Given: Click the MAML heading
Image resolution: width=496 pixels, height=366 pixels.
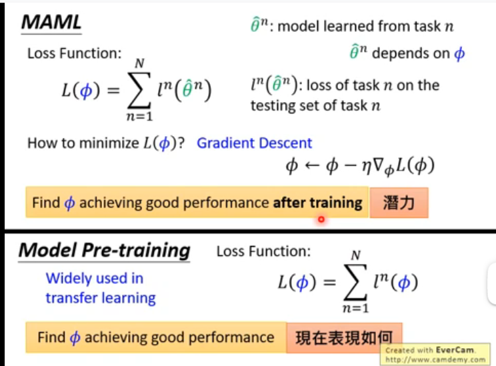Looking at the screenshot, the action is point(51,23).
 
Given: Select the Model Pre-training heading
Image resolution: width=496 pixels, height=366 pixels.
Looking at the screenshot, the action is point(105,251).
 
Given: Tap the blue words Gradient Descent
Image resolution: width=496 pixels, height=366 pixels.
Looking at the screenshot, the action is point(254,143).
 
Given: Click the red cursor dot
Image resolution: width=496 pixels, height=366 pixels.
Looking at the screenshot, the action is point(321,219).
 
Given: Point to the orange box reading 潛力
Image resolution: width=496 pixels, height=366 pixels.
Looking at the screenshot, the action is point(399,203).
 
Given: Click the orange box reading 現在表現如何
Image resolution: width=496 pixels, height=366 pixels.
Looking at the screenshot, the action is point(344,337).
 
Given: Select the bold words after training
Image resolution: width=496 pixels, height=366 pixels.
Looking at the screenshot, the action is point(317,203).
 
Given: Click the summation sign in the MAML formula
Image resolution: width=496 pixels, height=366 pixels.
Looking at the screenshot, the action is point(139,91).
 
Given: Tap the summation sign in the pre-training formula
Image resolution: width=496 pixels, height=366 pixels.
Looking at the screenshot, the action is point(355,282).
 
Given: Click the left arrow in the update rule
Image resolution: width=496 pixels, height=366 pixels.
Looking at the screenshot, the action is point(312,165).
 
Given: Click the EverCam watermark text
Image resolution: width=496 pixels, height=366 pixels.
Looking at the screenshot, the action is point(435,355).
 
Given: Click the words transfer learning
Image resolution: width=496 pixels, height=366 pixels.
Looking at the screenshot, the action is point(101,298).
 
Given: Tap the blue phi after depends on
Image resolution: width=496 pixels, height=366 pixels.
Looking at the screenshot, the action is point(459,53).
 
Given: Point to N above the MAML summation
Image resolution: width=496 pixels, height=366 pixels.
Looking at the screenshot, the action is point(139,63).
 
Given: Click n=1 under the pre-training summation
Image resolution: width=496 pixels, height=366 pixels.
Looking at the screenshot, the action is point(355,308).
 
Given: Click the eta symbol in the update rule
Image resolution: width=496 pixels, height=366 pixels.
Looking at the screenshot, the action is point(366,167).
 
